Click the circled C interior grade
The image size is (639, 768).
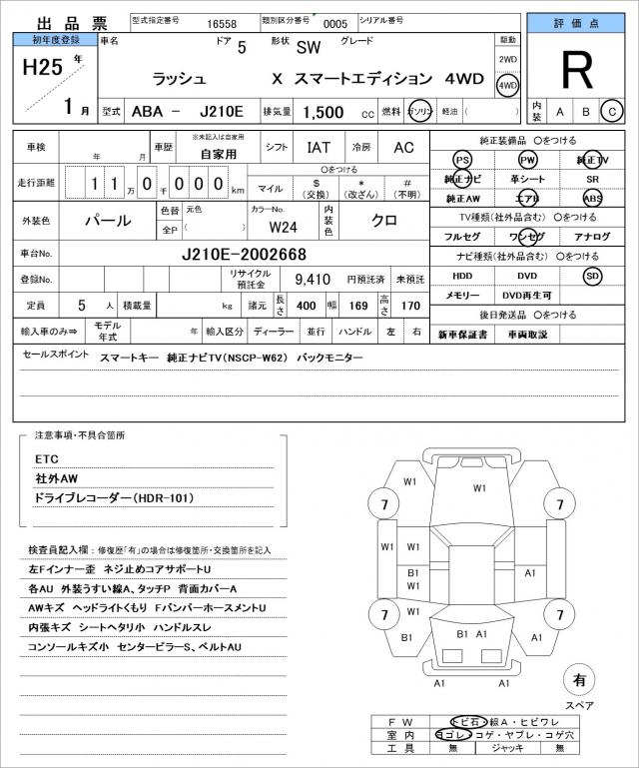pyautogui.click(x=613, y=111)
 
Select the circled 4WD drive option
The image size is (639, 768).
pyautogui.click(x=508, y=85)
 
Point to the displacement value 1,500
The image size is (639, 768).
pyautogui.click(x=324, y=112)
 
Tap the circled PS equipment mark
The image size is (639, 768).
pyautogui.click(x=460, y=161)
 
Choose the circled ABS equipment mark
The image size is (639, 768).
pyautogui.click(x=592, y=198)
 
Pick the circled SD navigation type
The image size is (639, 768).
pyautogui.click(x=592, y=276)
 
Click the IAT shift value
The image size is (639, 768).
pyautogui.click(x=319, y=147)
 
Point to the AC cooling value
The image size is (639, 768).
pyautogui.click(x=403, y=147)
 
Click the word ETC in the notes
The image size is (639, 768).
pyautogui.click(x=47, y=458)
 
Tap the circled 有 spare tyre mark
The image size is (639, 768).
pyautogui.click(x=578, y=680)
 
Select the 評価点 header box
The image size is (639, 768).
pyautogui.click(x=579, y=22)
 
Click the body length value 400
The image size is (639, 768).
pyautogui.click(x=307, y=305)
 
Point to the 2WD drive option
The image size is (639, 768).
pyautogui.click(x=508, y=59)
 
